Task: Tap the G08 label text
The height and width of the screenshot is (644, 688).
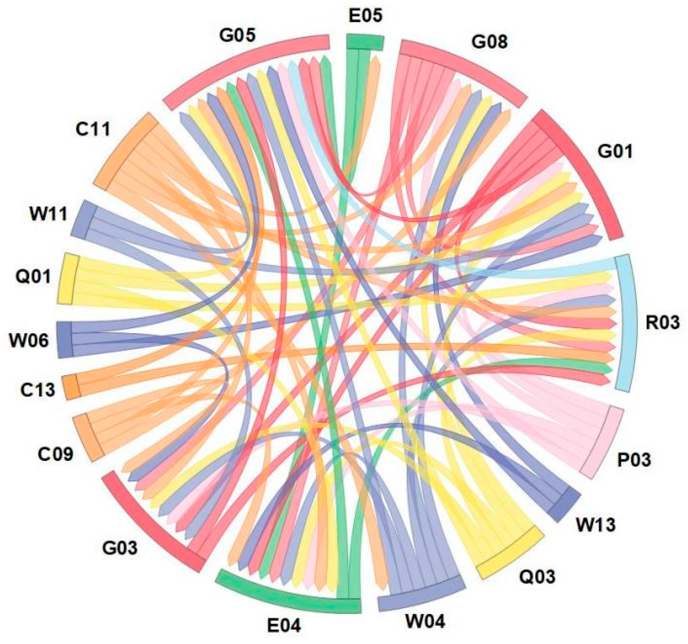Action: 489,42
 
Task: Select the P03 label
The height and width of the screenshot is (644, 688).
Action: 634,459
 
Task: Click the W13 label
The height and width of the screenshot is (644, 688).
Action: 595,525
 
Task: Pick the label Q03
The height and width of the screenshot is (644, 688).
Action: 537,576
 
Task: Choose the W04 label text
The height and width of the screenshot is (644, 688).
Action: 425,621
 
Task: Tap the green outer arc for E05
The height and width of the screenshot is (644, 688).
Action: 365,42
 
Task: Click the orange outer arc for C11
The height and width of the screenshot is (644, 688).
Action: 125,150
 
